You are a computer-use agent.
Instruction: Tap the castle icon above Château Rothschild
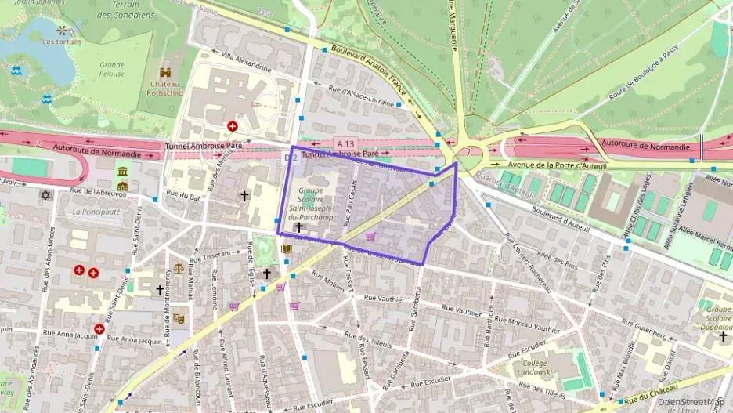pyautogui.click(x=165, y=71)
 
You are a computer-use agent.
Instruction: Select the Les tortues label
pyautogui.click(x=62, y=42)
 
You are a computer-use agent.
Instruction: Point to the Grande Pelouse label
pyautogui.click(x=111, y=70)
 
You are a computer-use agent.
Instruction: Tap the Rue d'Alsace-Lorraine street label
pyautogui.click(x=361, y=96)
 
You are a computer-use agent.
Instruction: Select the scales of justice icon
pyautogui.click(x=179, y=268)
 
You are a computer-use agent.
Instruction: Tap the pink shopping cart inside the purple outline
pyautogui.click(x=370, y=236)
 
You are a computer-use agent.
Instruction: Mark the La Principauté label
pyautogui.click(x=96, y=212)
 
